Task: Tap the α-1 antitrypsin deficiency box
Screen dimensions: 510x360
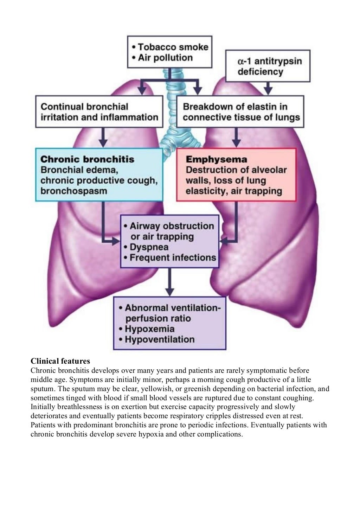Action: [x=268, y=66]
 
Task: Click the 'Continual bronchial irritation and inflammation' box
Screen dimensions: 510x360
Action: [x=99, y=112]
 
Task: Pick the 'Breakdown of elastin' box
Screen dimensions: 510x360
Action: [x=240, y=112]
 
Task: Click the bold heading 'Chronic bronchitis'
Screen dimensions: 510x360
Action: [x=88, y=159]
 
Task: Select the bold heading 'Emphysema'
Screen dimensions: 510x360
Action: [x=216, y=159]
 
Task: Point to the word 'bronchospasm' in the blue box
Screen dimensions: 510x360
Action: [x=74, y=191]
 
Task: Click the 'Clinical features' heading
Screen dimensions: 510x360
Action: [x=60, y=361]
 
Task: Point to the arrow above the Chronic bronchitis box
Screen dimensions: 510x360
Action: [x=103, y=138]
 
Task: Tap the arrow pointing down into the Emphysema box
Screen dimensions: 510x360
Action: [x=236, y=138]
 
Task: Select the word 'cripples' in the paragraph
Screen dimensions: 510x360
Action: [x=217, y=416]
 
